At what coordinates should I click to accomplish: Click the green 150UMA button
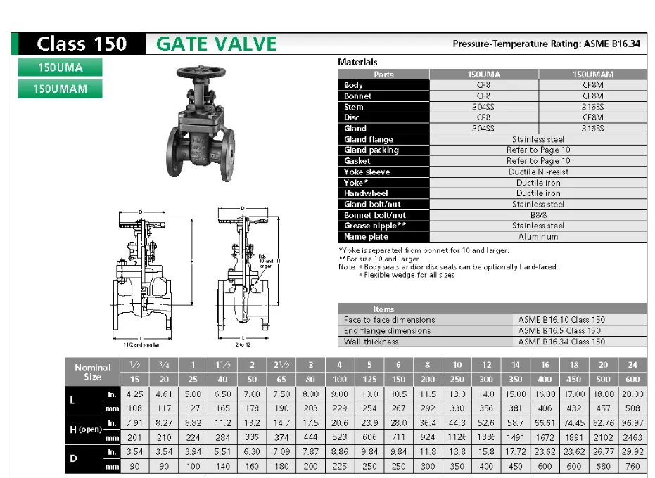point(60,67)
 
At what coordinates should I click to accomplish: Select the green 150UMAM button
point(60,89)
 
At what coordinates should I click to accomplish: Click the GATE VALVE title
point(216,44)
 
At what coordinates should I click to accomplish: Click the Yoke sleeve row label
point(367,172)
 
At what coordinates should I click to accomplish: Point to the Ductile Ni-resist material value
point(538,172)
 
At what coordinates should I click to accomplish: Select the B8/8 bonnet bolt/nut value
point(538,215)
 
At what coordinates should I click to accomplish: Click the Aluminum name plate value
point(538,237)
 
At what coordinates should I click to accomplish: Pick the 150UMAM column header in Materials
point(592,75)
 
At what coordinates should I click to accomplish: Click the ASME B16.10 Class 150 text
point(561,320)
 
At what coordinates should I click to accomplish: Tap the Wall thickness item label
point(371,342)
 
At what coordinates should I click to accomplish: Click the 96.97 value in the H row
point(632,423)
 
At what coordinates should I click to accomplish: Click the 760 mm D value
point(632,466)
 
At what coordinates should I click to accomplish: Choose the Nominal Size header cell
point(93,372)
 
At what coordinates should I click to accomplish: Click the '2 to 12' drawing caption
point(243,345)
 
